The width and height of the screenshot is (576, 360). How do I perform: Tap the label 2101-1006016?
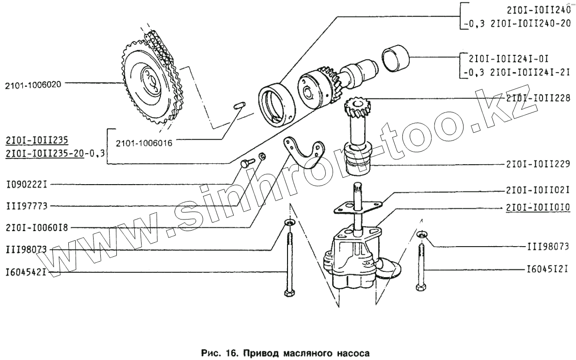[x=144, y=143]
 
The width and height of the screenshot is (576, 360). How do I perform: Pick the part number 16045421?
[x=25, y=272]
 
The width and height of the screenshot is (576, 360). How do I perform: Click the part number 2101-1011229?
[x=537, y=164]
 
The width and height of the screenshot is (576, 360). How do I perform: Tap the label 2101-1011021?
[x=537, y=189]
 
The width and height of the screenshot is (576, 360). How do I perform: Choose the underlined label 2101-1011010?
[x=537, y=208]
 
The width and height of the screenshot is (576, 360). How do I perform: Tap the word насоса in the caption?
[x=355, y=348]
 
